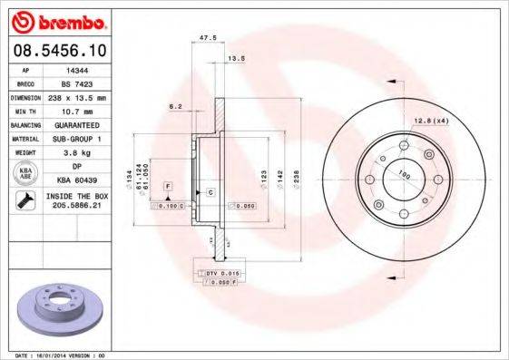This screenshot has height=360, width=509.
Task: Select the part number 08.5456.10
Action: tap(55, 50)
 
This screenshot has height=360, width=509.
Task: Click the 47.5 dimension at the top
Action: tap(206, 38)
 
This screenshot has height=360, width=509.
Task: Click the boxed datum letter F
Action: tap(168, 186)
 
